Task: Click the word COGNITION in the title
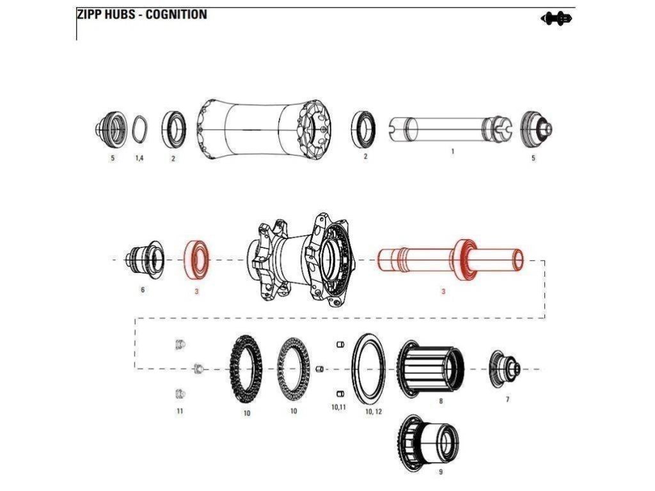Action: point(176,14)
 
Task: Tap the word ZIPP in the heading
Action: point(90,14)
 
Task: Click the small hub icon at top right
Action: point(556,19)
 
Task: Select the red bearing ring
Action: point(197,259)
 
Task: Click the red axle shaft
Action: point(451,261)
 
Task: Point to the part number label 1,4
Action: point(139,158)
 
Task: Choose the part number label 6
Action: point(143,290)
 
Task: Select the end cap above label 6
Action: point(146,259)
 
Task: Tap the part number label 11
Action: point(180,411)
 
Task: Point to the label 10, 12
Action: point(374,412)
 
